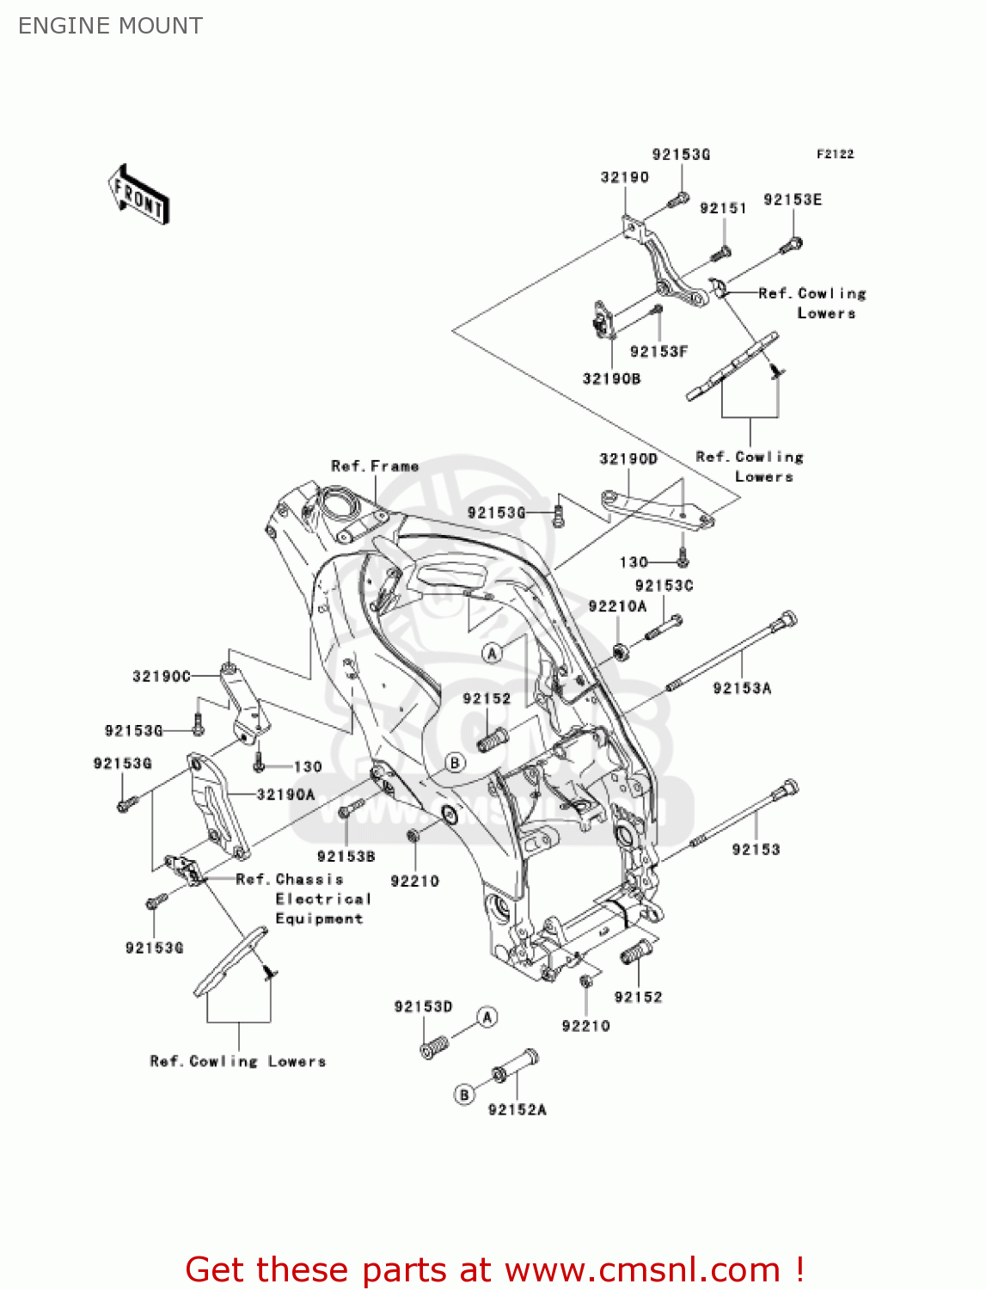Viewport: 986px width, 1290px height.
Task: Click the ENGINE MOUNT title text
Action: click(x=110, y=26)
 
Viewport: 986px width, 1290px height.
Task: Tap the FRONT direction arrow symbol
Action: click(x=138, y=195)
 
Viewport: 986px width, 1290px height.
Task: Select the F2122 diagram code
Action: click(x=835, y=154)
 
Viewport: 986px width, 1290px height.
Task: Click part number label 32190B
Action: click(x=611, y=378)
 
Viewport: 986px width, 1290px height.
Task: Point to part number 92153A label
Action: click(x=742, y=688)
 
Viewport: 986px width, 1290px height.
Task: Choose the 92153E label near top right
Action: click(x=793, y=200)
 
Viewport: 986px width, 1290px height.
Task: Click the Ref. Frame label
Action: click(x=375, y=466)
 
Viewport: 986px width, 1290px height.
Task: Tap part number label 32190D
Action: click(x=628, y=459)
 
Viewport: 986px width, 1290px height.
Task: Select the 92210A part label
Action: click(x=617, y=606)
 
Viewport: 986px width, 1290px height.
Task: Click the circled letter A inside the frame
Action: click(x=492, y=654)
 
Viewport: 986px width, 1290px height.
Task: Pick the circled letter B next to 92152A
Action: click(x=464, y=1095)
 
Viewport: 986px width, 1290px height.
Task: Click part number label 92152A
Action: click(x=517, y=1110)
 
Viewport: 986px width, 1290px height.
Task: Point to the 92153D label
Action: click(x=423, y=1006)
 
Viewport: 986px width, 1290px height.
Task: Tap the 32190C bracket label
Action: click(x=162, y=677)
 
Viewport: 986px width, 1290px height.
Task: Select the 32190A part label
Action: click(x=285, y=795)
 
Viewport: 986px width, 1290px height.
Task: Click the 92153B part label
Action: click(x=346, y=857)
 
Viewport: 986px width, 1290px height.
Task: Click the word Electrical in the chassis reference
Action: click(x=323, y=899)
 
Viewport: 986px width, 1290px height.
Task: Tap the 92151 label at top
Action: click(x=723, y=208)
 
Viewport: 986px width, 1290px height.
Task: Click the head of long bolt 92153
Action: click(x=790, y=788)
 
